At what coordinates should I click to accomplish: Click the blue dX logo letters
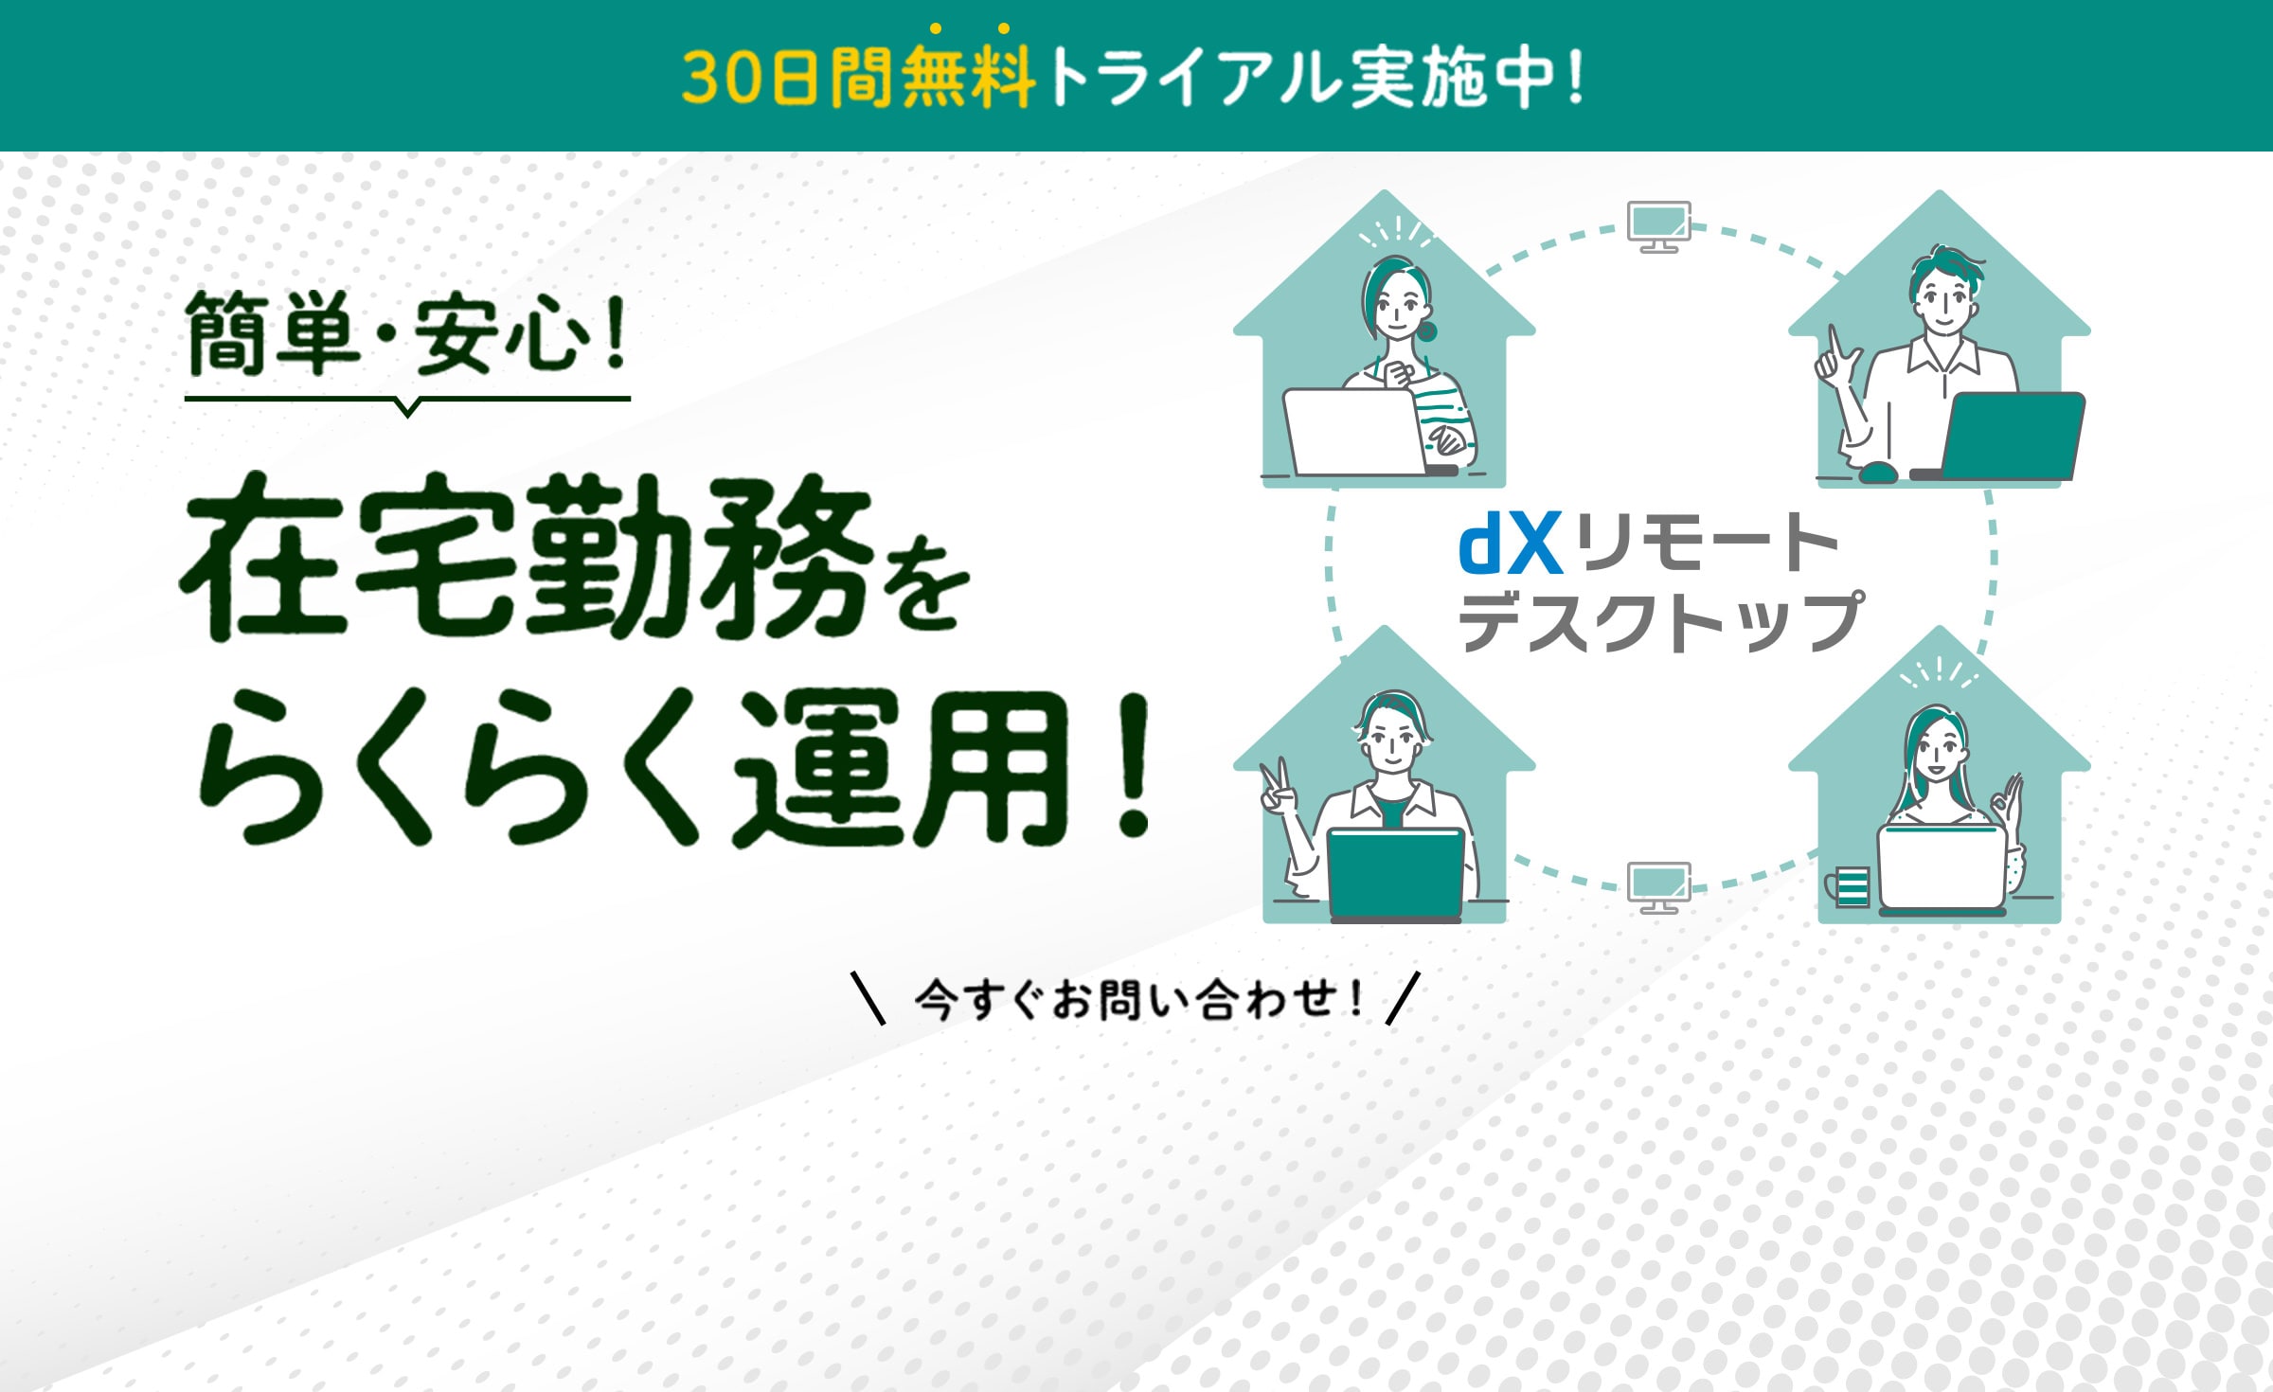(x=1510, y=544)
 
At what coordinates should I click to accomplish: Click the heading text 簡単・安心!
(x=407, y=333)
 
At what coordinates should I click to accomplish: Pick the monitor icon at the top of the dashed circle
(x=1658, y=226)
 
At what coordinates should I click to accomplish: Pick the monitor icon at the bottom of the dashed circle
(x=1658, y=887)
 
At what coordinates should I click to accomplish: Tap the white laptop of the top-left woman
(x=1354, y=432)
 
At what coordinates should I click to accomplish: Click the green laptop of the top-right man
(x=2012, y=436)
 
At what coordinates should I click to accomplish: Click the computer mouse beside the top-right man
(x=1878, y=472)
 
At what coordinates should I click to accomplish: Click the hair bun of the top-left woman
(x=1426, y=330)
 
